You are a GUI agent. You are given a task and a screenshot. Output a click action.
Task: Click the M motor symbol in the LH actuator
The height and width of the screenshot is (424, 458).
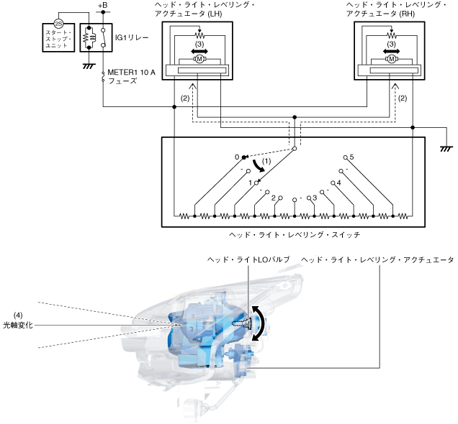(x=197, y=60)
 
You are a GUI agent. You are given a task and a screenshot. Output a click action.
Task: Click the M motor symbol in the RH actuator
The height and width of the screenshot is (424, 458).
(x=391, y=60)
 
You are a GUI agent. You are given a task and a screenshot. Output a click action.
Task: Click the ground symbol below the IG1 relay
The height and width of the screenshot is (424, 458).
(x=89, y=65)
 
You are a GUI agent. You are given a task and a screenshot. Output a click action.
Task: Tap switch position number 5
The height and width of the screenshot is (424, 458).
(x=351, y=156)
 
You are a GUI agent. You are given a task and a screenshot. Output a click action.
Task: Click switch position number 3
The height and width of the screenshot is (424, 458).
(x=315, y=197)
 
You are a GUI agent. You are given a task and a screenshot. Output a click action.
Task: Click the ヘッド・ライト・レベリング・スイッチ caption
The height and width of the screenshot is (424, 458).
(x=289, y=234)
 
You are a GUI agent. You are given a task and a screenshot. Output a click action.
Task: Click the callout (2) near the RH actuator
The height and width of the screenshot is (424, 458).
(x=403, y=97)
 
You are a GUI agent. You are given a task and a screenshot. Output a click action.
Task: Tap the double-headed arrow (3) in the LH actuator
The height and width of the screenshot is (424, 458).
(x=197, y=51)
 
